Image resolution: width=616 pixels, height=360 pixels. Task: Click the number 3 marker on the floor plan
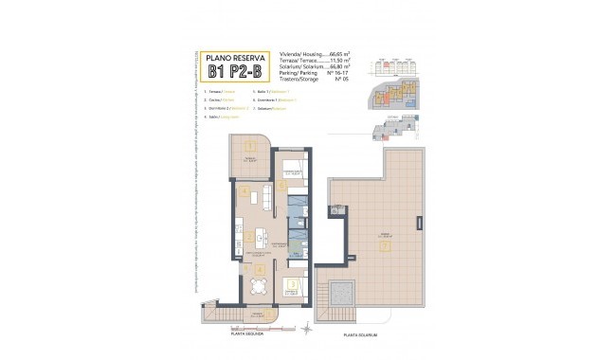(293, 283)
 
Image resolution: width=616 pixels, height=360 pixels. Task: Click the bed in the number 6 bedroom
(290, 168)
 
